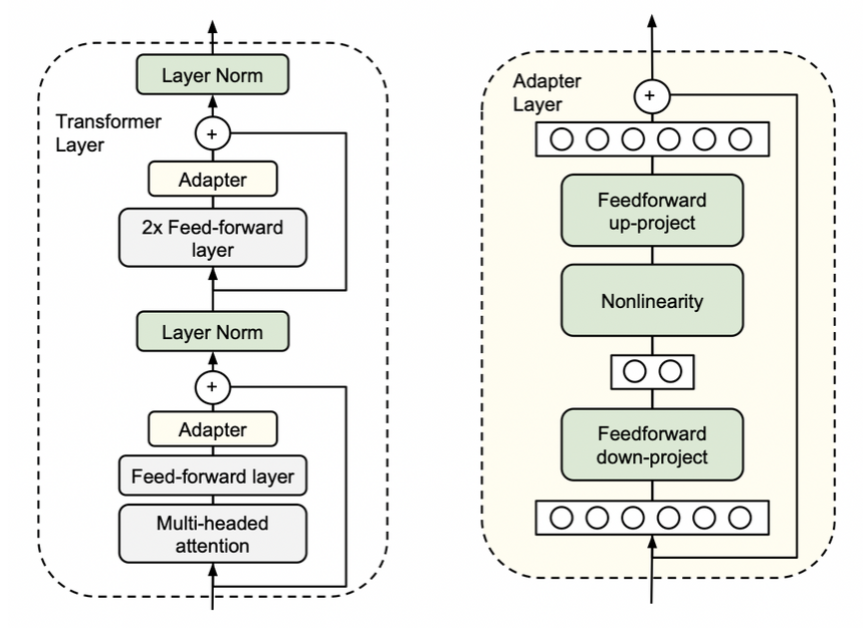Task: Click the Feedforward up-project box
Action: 651,210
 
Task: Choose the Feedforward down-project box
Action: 651,445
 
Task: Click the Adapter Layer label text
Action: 539,92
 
